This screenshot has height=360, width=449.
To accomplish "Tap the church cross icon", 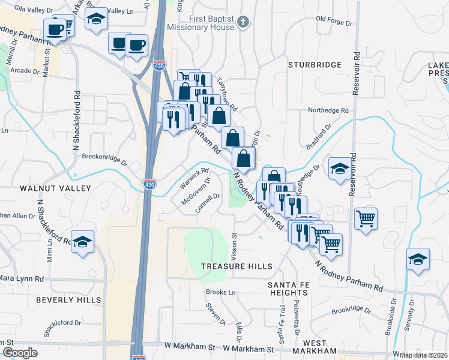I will click(x=243, y=23).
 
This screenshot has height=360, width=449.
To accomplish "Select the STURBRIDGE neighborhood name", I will click(x=315, y=64).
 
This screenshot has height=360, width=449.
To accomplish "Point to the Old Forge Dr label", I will click(x=337, y=19).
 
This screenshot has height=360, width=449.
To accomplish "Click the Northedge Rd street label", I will click(x=328, y=110).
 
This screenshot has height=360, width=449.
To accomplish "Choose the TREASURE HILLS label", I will click(x=237, y=266).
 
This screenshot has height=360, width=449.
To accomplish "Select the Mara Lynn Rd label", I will click(x=22, y=279).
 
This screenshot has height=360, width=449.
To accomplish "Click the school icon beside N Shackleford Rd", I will click(x=83, y=242).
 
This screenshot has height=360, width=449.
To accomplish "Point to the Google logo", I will click(x=20, y=353).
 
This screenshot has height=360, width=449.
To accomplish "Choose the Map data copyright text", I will click(x=424, y=355).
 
